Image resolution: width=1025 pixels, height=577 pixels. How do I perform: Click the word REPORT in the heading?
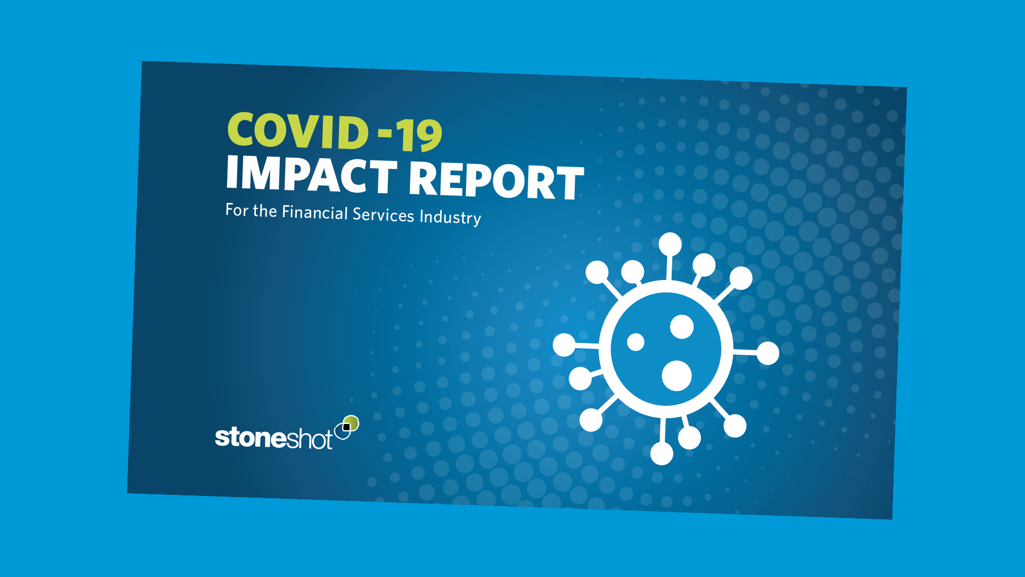tap(496, 181)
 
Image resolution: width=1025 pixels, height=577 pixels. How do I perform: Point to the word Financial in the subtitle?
tap(315, 212)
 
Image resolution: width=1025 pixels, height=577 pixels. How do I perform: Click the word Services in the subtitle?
tap(383, 214)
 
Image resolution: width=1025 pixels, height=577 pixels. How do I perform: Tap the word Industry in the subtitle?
tap(450, 217)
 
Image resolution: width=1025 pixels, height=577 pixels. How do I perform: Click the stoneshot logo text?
tap(274, 438)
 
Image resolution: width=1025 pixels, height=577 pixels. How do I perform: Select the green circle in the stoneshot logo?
tap(352, 423)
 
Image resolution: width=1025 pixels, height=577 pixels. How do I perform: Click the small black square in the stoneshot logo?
tap(347, 427)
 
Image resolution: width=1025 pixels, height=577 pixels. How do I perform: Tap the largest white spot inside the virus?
tap(677, 375)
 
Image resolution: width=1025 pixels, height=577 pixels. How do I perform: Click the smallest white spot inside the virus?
tap(635, 342)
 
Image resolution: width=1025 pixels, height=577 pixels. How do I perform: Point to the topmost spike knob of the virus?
tap(670, 244)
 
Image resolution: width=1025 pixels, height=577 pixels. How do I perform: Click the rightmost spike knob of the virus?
tap(768, 353)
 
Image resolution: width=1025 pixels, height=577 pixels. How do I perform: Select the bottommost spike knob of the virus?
tap(661, 453)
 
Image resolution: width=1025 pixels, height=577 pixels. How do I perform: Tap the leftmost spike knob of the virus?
tap(564, 345)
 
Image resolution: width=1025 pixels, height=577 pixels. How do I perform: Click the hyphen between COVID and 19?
tap(385, 134)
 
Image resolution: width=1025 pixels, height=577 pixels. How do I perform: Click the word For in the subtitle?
tap(237, 210)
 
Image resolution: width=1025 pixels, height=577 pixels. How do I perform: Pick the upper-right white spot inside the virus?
tap(682, 326)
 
